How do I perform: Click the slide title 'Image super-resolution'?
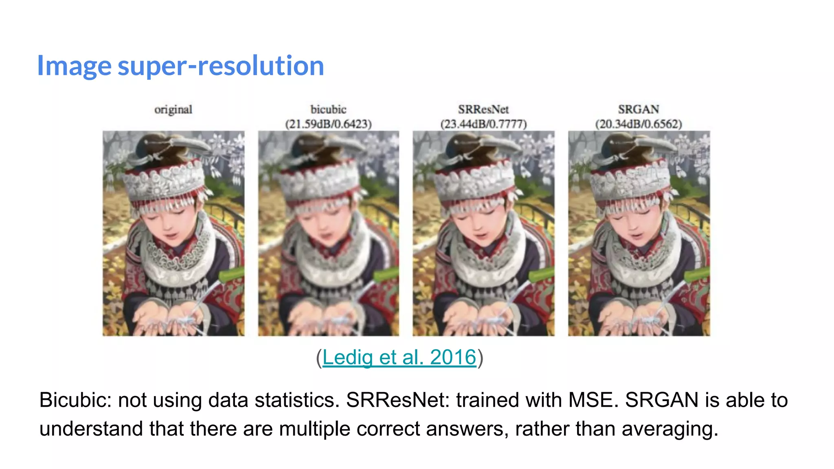click(180, 66)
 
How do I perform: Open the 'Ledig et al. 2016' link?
click(399, 357)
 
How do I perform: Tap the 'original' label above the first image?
click(173, 110)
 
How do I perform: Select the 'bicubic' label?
click(328, 110)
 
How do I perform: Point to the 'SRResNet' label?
click(483, 110)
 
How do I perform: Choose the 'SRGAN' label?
click(639, 110)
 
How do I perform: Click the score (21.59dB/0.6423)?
click(328, 124)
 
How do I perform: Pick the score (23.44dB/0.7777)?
click(483, 124)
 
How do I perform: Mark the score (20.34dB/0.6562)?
click(639, 124)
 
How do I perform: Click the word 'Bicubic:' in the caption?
click(75, 400)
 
